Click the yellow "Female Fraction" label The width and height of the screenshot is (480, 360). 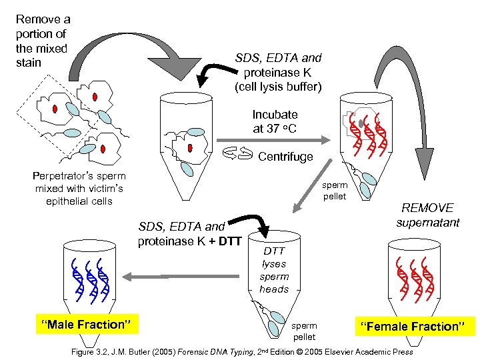(414, 327)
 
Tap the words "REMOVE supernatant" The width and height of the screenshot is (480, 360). (427, 215)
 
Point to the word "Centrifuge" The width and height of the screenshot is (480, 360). (285, 157)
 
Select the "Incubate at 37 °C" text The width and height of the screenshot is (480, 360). (275, 121)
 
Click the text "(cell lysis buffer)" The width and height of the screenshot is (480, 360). (278, 87)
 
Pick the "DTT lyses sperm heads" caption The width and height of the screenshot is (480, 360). (274, 270)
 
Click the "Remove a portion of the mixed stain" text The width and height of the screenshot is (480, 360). (42, 41)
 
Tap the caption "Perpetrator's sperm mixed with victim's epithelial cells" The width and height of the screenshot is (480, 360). (79, 188)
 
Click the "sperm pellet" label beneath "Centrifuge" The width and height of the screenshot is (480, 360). (335, 191)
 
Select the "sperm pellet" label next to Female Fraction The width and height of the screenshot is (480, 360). (304, 331)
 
